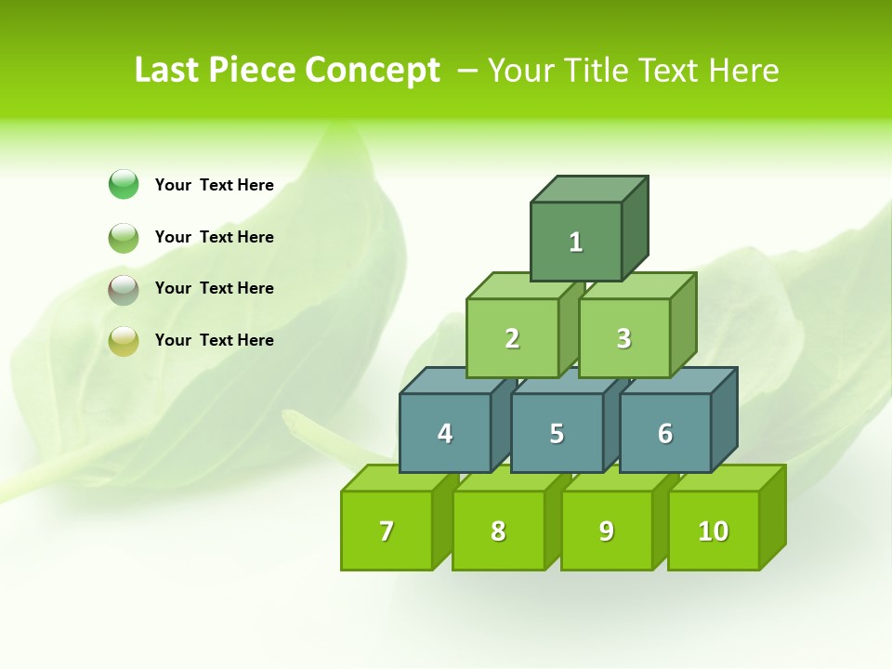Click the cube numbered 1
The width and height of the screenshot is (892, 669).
(x=576, y=242)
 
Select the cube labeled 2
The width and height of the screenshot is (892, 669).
(x=512, y=338)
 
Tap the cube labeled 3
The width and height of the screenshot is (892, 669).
(x=623, y=338)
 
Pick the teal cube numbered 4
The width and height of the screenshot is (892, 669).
(x=445, y=433)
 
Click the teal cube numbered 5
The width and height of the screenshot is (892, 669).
(x=557, y=433)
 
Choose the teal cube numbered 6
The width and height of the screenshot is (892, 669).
(x=664, y=433)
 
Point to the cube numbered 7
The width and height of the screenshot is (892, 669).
(x=387, y=531)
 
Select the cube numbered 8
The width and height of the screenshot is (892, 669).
(x=498, y=531)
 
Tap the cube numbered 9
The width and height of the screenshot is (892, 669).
(x=606, y=531)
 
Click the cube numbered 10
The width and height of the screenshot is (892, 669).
(x=713, y=531)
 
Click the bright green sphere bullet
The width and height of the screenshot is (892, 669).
(x=124, y=185)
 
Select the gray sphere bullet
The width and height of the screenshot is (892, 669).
(x=124, y=289)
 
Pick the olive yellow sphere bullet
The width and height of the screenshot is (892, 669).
(x=124, y=341)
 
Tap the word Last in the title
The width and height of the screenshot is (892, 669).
(x=167, y=71)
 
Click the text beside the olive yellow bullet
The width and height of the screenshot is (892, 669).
(x=215, y=340)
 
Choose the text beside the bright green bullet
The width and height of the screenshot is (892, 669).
(x=215, y=185)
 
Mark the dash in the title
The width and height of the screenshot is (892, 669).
(x=468, y=71)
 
